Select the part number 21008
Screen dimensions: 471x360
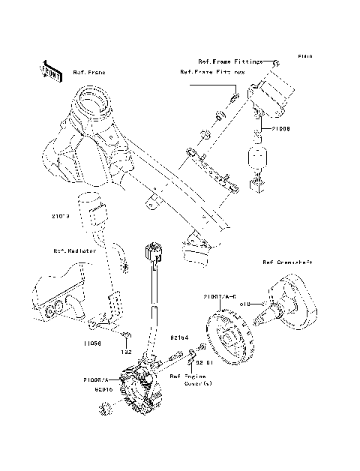coord(280,129)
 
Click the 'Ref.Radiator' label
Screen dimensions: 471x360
coord(74,252)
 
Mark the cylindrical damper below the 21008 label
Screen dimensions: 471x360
coord(257,160)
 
